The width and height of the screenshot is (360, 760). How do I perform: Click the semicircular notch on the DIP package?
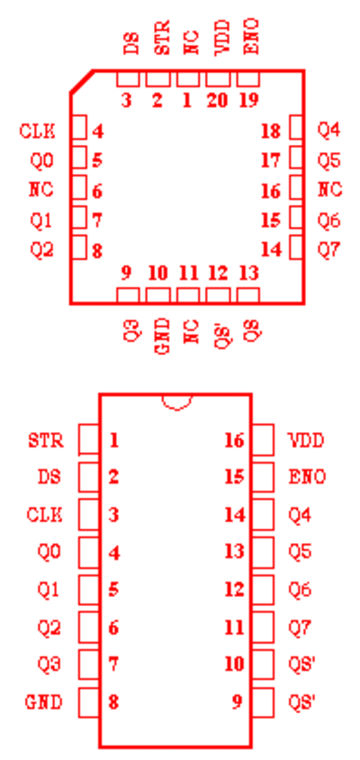click(x=177, y=409)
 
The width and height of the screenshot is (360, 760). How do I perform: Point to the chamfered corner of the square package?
click(x=81, y=81)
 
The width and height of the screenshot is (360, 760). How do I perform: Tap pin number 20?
click(x=218, y=101)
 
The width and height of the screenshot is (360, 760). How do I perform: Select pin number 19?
click(x=249, y=101)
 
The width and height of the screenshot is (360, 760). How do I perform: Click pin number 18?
click(x=271, y=131)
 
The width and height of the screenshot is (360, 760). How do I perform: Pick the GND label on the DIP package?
click(x=43, y=701)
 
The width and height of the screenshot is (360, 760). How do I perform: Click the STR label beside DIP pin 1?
click(x=46, y=441)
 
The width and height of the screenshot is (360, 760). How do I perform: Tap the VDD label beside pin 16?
click(x=306, y=441)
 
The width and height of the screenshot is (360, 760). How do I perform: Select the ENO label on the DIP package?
click(x=307, y=477)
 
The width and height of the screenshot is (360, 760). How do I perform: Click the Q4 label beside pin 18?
click(x=329, y=131)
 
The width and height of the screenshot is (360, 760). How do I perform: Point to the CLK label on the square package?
click(x=37, y=131)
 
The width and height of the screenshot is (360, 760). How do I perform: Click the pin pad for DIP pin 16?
click(x=263, y=439)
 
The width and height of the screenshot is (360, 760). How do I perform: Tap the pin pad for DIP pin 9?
click(x=263, y=702)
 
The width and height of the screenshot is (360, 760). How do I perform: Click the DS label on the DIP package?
click(x=49, y=477)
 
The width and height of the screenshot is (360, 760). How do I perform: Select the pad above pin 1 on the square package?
click(x=188, y=78)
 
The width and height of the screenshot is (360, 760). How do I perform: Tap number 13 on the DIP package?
click(x=235, y=551)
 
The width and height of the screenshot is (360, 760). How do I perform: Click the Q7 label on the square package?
click(x=329, y=250)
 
